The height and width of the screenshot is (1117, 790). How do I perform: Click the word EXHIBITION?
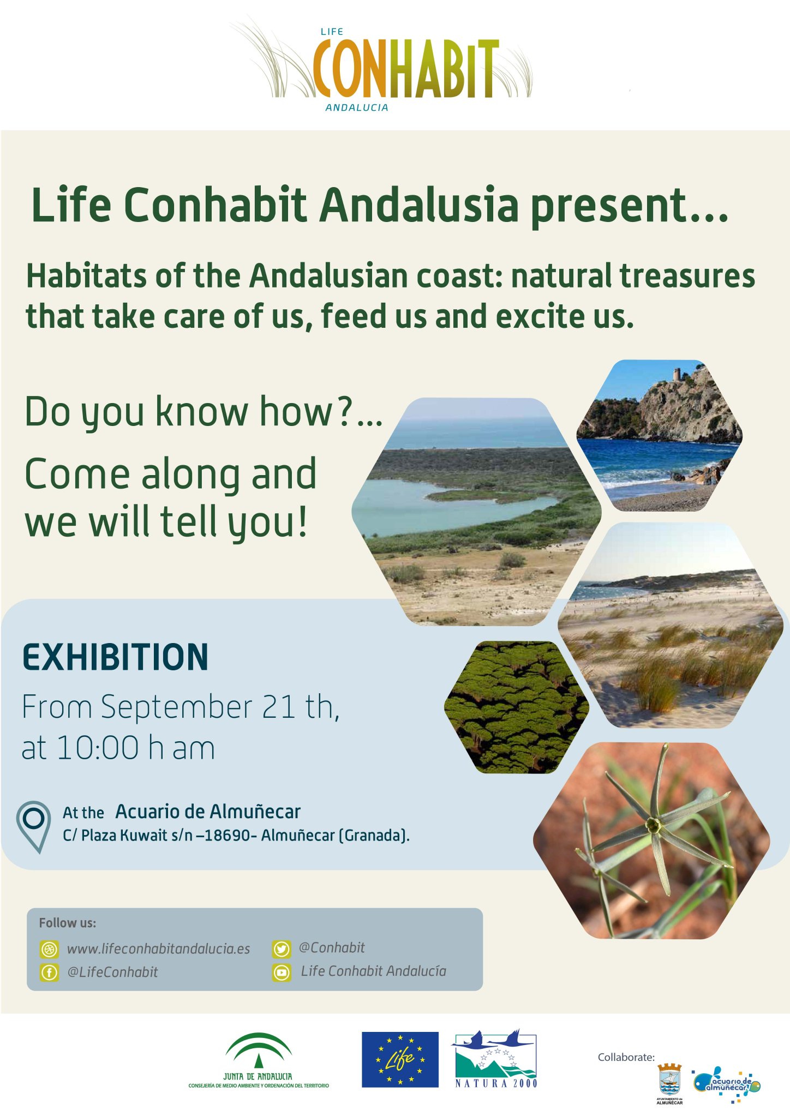(x=115, y=657)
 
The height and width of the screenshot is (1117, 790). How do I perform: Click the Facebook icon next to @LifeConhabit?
(x=49, y=972)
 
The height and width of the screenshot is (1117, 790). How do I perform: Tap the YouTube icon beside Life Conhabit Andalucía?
(x=282, y=972)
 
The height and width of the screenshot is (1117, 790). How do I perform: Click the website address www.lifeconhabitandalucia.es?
(x=158, y=949)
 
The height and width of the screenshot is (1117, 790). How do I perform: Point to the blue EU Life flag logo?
(x=400, y=1060)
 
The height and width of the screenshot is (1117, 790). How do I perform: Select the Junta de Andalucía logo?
(x=259, y=1060)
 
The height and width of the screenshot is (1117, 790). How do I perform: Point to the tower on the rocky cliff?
(x=677, y=374)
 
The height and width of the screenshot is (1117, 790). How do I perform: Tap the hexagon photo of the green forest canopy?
(x=517, y=707)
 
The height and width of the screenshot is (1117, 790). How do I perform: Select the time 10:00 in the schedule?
(x=98, y=748)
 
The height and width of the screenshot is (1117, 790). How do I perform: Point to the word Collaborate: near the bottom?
(x=626, y=1057)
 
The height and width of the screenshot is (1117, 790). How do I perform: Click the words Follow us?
(x=68, y=923)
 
